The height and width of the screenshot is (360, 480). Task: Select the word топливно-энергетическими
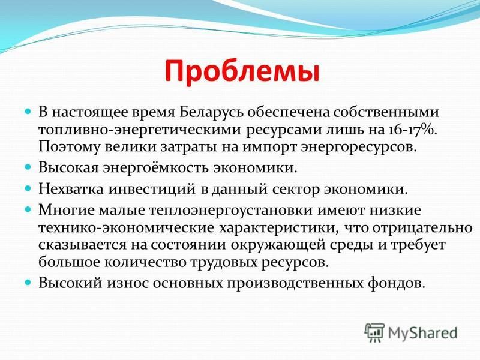point(140,130)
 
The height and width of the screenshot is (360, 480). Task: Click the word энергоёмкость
point(155,169)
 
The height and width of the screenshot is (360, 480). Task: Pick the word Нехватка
point(71,189)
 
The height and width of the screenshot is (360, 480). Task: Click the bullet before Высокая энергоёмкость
point(28,167)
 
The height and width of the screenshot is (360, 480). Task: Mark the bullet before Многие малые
point(28,209)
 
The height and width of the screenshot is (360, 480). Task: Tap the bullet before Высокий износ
point(28,282)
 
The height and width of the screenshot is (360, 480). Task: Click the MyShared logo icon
point(374,332)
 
